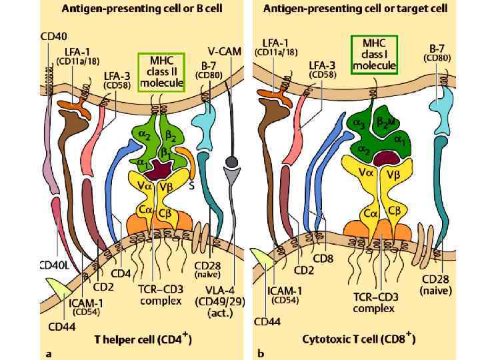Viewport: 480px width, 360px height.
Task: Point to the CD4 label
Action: click(121, 273)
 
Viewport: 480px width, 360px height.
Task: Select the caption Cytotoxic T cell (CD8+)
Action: click(359, 340)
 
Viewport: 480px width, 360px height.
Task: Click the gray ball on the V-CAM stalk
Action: click(233, 162)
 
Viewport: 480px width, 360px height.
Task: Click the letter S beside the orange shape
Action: click(191, 187)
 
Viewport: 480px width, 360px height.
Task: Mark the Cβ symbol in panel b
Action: click(393, 211)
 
